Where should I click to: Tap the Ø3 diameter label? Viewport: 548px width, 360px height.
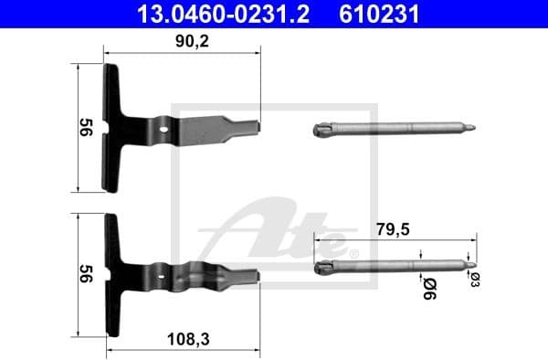click(474, 280)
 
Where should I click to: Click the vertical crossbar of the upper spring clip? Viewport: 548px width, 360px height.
click(111, 128)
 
